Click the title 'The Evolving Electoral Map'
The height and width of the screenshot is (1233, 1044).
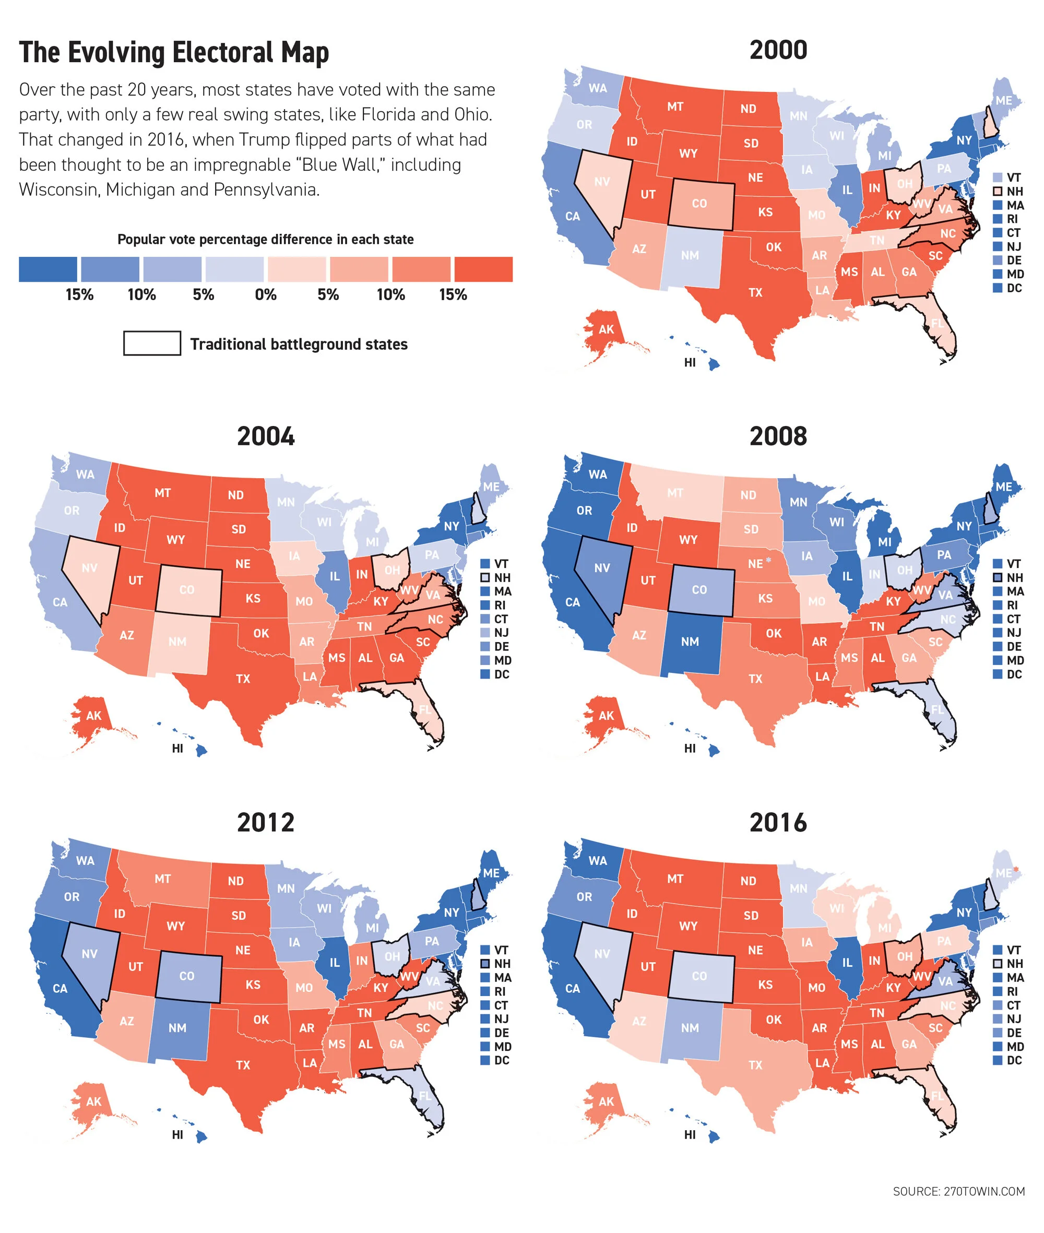point(173,52)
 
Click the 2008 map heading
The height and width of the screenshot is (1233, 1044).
point(778,436)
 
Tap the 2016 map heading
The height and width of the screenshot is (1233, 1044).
point(778,822)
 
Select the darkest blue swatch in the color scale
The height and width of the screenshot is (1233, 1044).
point(48,269)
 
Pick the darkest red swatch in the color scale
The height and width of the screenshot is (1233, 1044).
point(483,269)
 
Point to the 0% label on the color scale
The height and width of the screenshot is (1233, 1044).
point(266,294)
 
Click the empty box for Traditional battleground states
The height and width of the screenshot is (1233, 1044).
point(151,343)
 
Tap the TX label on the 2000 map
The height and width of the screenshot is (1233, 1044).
point(755,292)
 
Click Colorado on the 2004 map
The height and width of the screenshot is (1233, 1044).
point(187,589)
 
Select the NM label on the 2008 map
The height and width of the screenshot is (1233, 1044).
point(690,641)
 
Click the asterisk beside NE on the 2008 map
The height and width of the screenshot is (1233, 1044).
point(768,560)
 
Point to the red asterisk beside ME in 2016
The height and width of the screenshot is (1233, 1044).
point(1016,869)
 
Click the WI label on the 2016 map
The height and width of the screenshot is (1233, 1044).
point(836,908)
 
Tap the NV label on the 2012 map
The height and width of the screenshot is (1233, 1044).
point(89,954)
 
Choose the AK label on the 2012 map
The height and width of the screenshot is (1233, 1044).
point(93,1101)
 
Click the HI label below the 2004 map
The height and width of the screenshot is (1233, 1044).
point(177,748)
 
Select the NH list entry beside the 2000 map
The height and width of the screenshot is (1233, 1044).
point(1009,191)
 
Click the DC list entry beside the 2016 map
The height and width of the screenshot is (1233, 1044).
point(1009,1060)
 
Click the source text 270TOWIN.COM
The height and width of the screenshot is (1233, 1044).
point(959,1191)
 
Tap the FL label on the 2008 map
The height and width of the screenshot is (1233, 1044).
point(937,709)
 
